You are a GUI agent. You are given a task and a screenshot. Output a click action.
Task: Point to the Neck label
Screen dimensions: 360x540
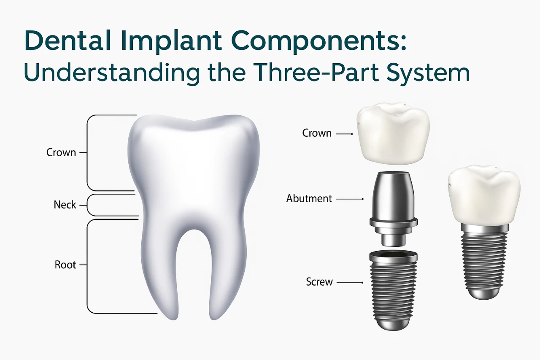[65, 205]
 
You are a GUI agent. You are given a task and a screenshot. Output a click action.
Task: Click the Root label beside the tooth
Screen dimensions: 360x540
[65, 265]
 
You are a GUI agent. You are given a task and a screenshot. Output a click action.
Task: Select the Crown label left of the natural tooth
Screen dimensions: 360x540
[61, 152]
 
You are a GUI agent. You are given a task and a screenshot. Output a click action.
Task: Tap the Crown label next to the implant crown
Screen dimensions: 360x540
[317, 133]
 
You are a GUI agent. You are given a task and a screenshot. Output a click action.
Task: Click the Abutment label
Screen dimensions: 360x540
[309, 198]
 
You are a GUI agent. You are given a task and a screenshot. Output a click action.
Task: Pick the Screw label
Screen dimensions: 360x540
[319, 282]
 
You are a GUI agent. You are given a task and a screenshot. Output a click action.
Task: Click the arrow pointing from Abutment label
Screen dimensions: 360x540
[350, 198]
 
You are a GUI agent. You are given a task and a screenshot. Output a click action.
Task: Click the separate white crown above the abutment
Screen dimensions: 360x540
[393, 135]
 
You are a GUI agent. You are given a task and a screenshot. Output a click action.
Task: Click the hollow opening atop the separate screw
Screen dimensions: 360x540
[393, 254]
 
